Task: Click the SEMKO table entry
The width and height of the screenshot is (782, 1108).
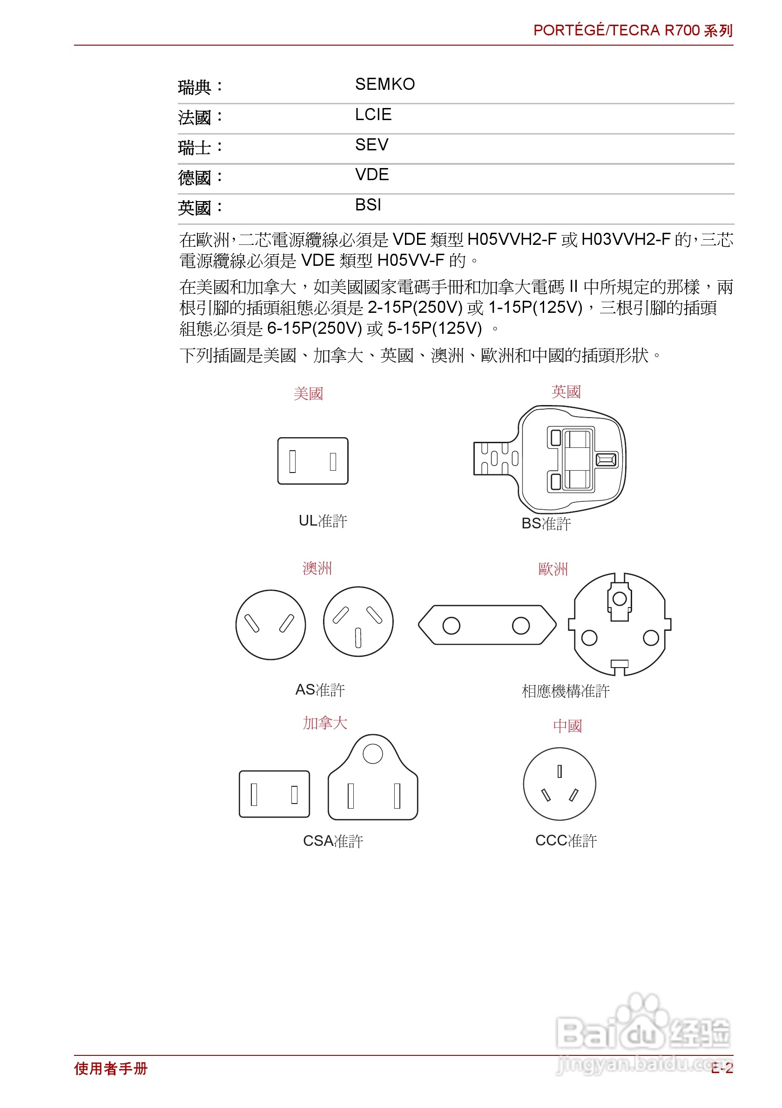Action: click(384, 84)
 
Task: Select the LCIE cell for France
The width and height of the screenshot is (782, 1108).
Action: click(373, 115)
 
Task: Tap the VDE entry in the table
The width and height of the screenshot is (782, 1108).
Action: click(371, 175)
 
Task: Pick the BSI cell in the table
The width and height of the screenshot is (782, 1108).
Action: click(368, 205)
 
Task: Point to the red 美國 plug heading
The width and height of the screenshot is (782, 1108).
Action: click(308, 394)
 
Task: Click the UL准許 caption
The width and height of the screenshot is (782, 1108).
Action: click(322, 520)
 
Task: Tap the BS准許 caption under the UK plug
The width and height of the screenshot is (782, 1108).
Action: click(546, 524)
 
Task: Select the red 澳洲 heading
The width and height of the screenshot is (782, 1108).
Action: click(317, 568)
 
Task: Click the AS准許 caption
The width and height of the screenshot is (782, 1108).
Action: click(319, 689)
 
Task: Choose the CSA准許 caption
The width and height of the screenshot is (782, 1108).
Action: click(332, 841)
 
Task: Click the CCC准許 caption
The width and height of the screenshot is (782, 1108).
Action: click(566, 841)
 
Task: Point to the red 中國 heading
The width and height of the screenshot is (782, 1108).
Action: click(567, 726)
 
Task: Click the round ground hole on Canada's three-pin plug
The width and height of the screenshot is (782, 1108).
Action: click(372, 754)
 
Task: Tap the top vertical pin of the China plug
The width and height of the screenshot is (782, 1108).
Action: click(559, 771)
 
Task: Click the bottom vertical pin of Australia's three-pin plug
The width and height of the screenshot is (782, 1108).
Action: click(358, 637)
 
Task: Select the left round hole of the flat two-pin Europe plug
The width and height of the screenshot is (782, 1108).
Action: click(451, 626)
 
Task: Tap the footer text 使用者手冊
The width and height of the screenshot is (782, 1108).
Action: click(110, 1068)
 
